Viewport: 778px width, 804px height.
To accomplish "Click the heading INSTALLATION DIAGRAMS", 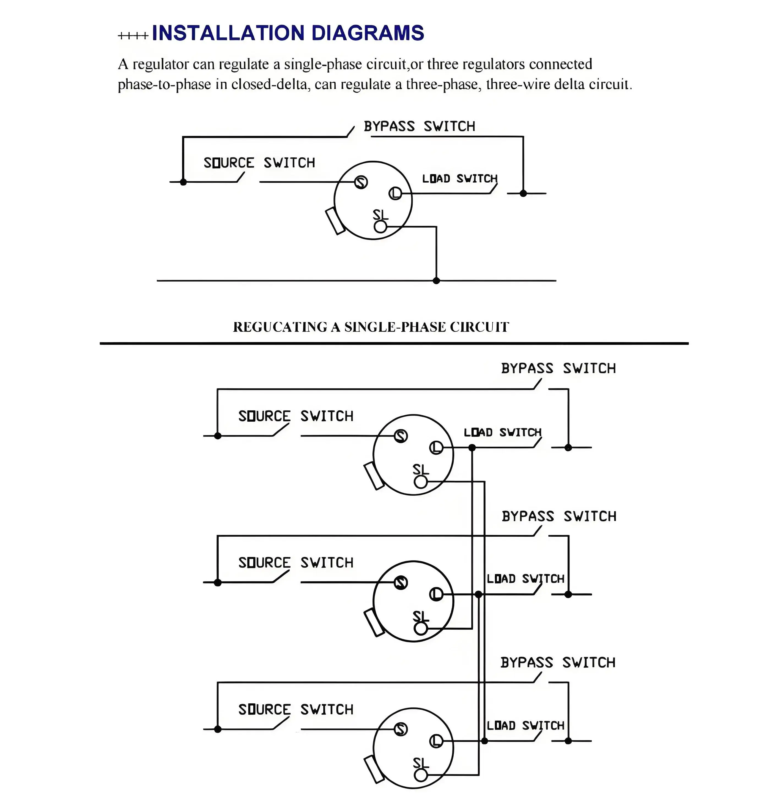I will coord(288,33).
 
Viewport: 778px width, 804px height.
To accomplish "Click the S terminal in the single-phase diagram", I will coord(361,182).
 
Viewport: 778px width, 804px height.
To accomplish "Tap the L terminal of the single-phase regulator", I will coord(395,193).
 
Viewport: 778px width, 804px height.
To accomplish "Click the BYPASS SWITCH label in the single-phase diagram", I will coord(419,126).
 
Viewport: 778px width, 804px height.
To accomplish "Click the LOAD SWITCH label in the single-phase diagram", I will coord(460,179).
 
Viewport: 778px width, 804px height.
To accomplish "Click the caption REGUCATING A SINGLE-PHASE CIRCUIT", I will coord(371,327).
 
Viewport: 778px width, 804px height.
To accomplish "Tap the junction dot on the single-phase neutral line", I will coord(436,281).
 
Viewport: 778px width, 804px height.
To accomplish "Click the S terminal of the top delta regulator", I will coord(401,436).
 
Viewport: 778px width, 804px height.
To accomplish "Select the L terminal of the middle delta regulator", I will coord(436,594).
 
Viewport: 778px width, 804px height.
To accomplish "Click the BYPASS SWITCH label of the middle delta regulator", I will coord(559,516).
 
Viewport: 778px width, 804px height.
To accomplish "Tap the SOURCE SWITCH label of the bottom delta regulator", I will coord(296,709).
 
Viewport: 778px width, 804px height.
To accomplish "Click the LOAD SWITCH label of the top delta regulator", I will coord(503,432).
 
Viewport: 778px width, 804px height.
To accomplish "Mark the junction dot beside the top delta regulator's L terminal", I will coord(472,448).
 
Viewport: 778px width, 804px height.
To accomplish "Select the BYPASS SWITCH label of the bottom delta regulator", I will coord(558,662).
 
